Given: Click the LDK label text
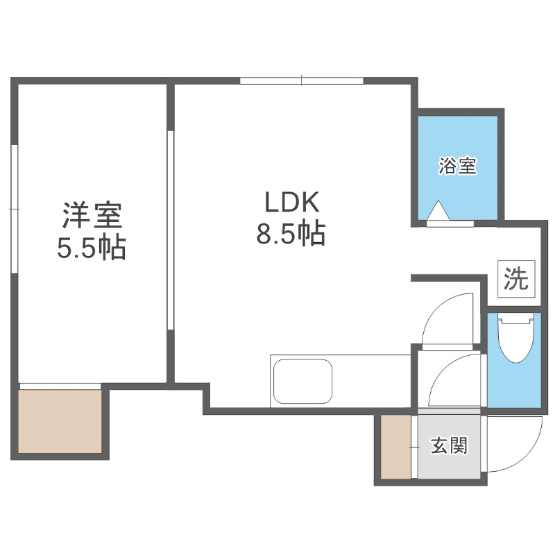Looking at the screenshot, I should [291, 203].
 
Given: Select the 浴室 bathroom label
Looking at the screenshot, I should [457, 166].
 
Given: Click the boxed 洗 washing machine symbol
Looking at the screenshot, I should [515, 279].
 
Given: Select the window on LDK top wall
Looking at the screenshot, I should [302, 81].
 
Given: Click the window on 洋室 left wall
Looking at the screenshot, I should [15, 208].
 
